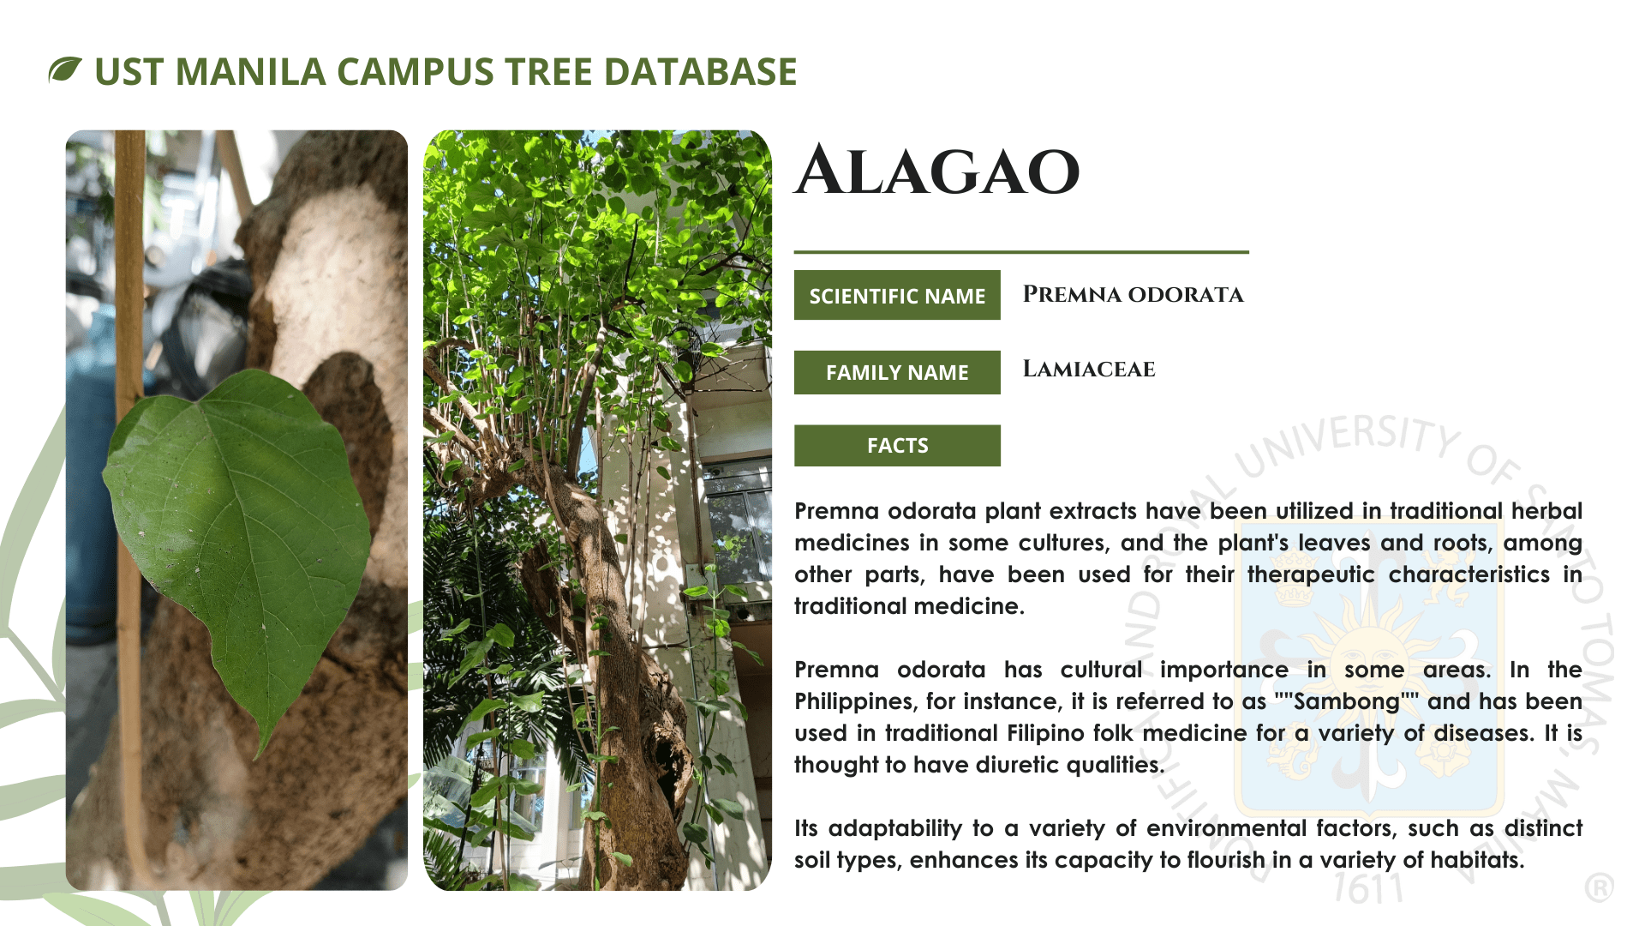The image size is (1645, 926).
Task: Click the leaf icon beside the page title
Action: click(65, 69)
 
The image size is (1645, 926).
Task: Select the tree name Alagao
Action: click(937, 170)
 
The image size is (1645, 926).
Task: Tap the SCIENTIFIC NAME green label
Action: click(897, 295)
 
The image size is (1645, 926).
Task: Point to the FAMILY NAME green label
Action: click(897, 372)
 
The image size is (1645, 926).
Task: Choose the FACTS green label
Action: click(897, 445)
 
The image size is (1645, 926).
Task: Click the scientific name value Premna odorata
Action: click(1133, 294)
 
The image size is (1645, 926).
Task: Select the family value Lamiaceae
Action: click(1089, 369)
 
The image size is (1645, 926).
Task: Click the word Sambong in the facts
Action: click(1346, 701)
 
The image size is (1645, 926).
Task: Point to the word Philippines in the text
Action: click(854, 701)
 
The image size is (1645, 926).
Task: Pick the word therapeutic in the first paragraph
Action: click(1311, 574)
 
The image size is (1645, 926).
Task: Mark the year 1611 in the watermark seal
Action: click(1369, 889)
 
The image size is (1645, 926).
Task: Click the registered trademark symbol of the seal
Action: click(1599, 887)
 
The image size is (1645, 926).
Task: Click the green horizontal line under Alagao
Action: click(1021, 252)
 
